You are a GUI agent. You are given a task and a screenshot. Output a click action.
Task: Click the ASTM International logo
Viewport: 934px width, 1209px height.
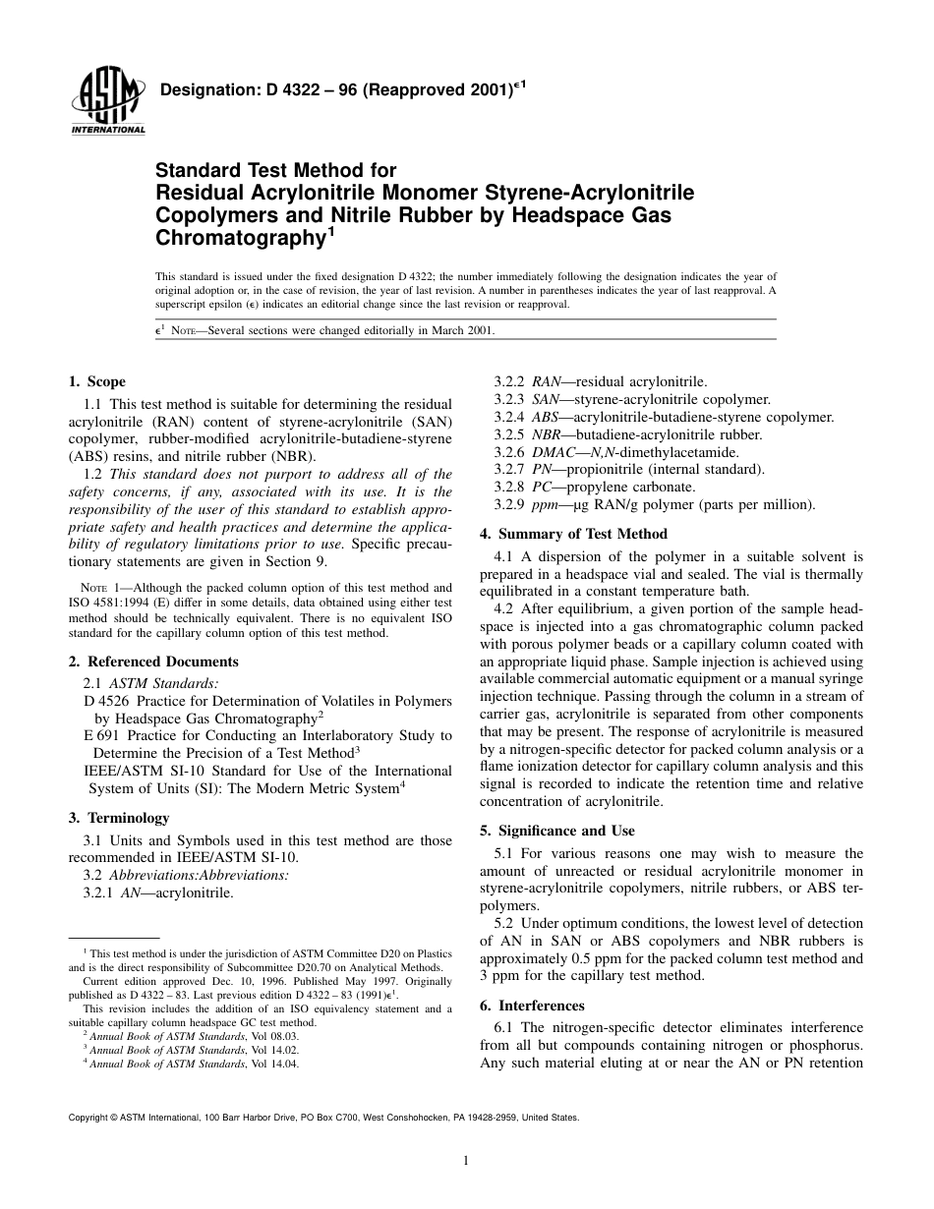tap(107, 102)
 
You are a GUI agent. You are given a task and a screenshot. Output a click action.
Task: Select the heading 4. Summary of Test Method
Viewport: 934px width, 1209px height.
tap(573, 534)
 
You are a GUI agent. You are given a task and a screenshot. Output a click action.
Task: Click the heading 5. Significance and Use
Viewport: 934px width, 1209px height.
tap(556, 831)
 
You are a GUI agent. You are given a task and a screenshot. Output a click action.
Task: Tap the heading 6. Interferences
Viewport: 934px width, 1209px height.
tap(532, 1006)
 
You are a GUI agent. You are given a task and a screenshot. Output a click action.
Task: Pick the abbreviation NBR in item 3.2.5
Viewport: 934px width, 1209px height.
tap(548, 434)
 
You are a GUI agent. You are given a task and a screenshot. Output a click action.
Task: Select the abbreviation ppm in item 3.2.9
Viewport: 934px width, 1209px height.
tap(545, 505)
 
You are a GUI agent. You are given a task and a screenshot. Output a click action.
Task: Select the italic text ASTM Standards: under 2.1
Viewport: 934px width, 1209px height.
tap(164, 682)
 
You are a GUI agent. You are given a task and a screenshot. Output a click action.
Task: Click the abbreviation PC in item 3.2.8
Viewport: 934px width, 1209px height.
tap(541, 488)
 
